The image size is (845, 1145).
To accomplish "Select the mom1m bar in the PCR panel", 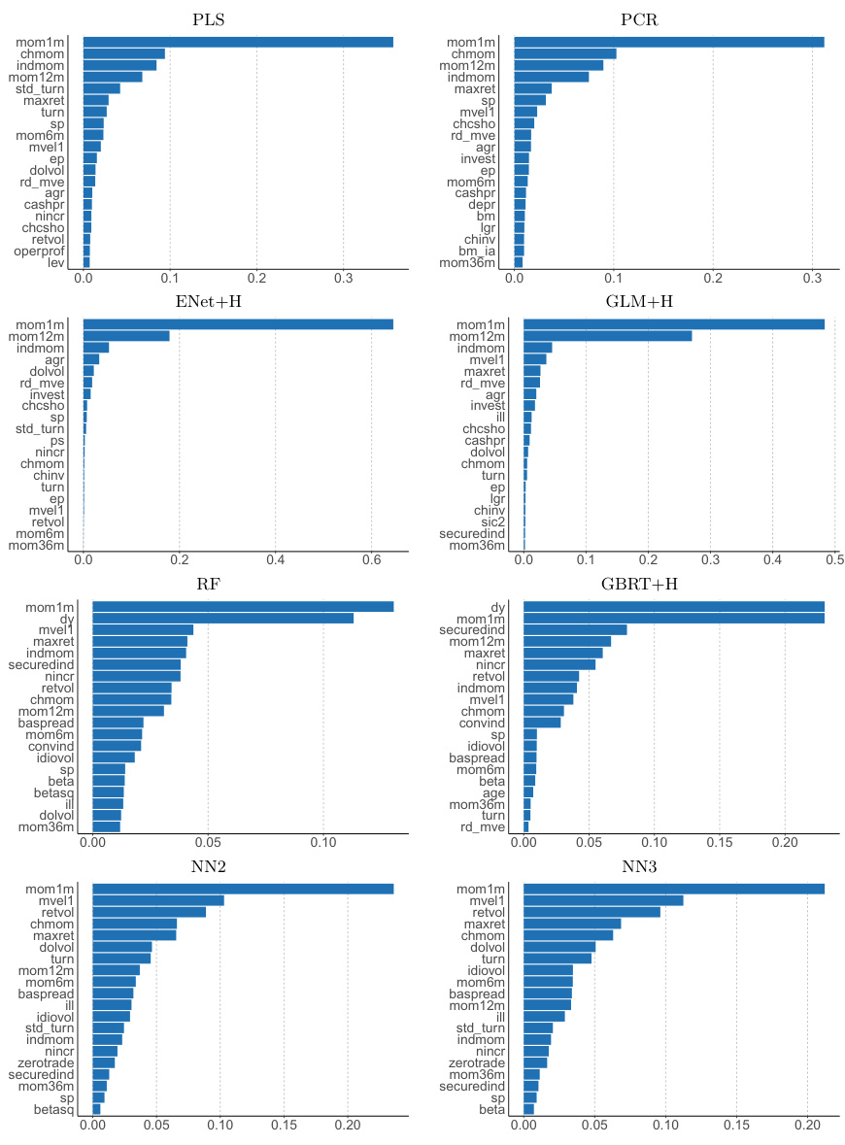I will point(668,42).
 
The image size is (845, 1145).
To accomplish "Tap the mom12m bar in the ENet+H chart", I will point(126,336).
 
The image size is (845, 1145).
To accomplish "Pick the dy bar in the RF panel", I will point(222,618).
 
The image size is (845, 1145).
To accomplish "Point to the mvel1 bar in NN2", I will point(158,900).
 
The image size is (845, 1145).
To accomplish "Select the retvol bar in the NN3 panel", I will point(591,912).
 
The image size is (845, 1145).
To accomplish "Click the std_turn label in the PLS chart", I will point(40,88).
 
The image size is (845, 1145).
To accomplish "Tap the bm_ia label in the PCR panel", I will point(478,251).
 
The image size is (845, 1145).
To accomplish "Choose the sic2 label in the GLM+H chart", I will point(489,522).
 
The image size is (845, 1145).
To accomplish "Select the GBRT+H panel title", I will point(668,585).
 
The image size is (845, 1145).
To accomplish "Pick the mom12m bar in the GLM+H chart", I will point(608,336).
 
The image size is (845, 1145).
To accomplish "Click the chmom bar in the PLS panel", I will point(124,53).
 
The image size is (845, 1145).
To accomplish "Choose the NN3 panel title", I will point(668,867).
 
